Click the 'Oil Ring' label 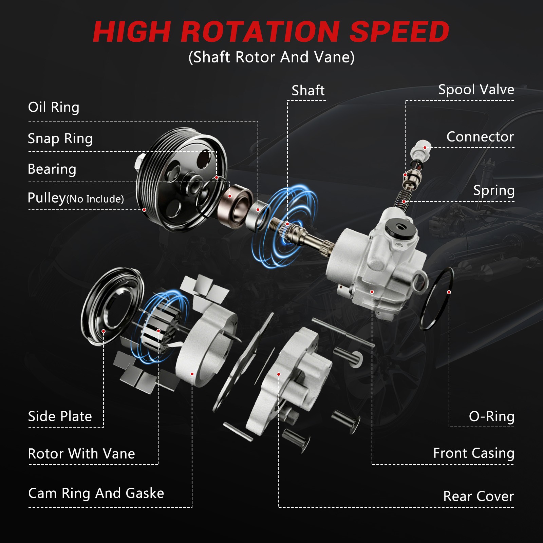click(x=54, y=107)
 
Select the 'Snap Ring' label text click(x=60, y=139)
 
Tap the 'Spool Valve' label click(x=476, y=90)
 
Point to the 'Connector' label click(x=480, y=137)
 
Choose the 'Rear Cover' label click(x=479, y=496)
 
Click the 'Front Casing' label click(x=474, y=453)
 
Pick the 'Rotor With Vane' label click(x=81, y=454)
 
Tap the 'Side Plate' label click(x=60, y=416)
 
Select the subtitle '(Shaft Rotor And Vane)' click(x=271, y=57)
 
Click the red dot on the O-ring click(x=449, y=292)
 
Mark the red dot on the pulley click(x=144, y=210)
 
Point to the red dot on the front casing click(x=372, y=292)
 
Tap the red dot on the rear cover click(x=279, y=374)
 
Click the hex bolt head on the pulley click(x=140, y=162)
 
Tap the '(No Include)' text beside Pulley click(x=95, y=199)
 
